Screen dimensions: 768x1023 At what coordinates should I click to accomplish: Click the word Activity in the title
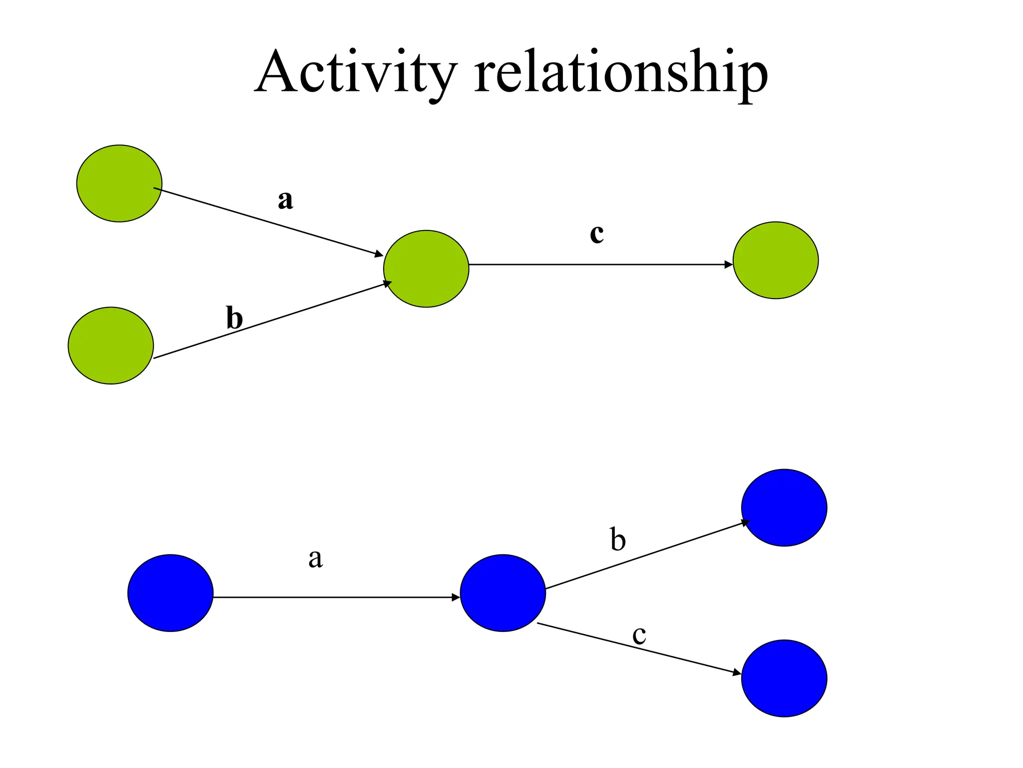pyautogui.click(x=356, y=72)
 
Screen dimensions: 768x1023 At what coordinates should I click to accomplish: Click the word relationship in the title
pyautogui.click(x=620, y=72)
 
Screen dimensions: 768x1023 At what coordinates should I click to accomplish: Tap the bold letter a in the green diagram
pyautogui.click(x=285, y=200)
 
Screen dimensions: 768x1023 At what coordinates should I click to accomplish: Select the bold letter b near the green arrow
pyautogui.click(x=234, y=318)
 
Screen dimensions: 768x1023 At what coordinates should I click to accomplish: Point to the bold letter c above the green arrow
pyautogui.click(x=596, y=233)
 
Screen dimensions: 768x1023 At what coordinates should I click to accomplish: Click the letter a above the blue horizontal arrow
pyautogui.click(x=315, y=558)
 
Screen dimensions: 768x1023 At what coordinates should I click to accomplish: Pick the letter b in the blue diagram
pyautogui.click(x=618, y=540)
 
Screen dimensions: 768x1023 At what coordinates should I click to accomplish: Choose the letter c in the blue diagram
pyautogui.click(x=639, y=635)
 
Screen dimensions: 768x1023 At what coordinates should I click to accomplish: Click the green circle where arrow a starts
pyautogui.click(x=119, y=183)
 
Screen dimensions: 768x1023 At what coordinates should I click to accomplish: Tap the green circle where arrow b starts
pyautogui.click(x=110, y=345)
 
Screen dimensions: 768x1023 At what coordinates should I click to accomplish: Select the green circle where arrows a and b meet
pyautogui.click(x=426, y=268)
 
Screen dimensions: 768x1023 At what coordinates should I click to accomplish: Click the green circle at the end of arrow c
pyautogui.click(x=775, y=260)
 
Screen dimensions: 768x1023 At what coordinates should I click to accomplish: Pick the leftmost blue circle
pyautogui.click(x=170, y=593)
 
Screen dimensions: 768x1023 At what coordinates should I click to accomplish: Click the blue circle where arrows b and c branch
pyautogui.click(x=503, y=593)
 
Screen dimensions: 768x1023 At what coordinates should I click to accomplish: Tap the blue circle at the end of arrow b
pyautogui.click(x=784, y=507)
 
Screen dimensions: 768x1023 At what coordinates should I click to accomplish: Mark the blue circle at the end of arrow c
pyautogui.click(x=784, y=678)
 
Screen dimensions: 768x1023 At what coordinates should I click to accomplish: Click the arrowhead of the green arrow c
pyautogui.click(x=729, y=264)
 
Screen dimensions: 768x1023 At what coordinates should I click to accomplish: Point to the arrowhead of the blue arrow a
pyautogui.click(x=456, y=597)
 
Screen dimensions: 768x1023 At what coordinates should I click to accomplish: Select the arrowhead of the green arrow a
pyautogui.click(x=379, y=254)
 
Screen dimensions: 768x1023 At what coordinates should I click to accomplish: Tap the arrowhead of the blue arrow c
pyautogui.click(x=737, y=673)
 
